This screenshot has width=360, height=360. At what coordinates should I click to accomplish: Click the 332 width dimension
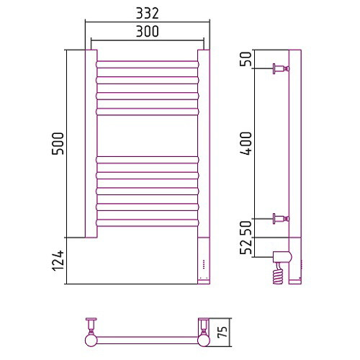148,14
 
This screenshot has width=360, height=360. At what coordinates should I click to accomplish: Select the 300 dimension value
148,32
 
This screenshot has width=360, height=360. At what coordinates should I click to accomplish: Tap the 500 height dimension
58,143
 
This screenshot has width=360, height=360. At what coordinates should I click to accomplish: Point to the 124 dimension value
58,261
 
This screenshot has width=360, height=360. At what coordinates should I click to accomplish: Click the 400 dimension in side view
246,143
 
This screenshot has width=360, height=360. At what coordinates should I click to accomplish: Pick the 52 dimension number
246,247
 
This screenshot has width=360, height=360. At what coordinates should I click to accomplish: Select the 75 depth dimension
222,332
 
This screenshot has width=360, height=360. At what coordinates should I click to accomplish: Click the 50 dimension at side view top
246,59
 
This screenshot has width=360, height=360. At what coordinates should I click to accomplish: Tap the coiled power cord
278,273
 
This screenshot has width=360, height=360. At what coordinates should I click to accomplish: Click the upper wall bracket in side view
281,69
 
